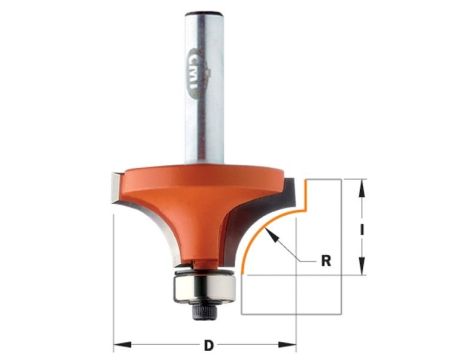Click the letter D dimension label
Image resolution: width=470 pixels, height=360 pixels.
tap(208, 345)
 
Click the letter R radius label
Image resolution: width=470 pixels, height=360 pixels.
tap(326, 261)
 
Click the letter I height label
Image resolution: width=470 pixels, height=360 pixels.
tap(361, 229)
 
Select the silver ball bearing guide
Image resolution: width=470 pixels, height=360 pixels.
tap(203, 286)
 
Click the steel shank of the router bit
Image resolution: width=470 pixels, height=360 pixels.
tap(203, 88)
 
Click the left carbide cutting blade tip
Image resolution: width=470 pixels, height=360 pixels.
tap(115, 188)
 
